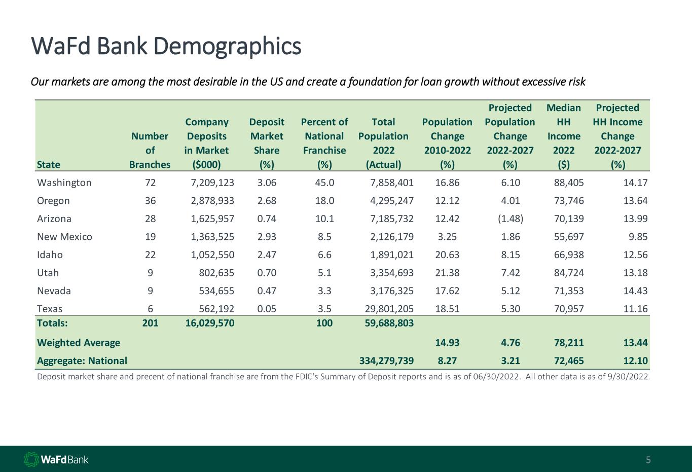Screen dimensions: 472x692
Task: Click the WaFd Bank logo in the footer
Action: [x=56, y=460]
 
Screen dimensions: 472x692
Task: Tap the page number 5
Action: [x=648, y=460]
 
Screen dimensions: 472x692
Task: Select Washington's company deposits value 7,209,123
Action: [x=209, y=183]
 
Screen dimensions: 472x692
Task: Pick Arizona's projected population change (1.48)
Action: [x=509, y=219]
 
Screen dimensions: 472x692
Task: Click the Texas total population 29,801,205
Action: [x=386, y=309]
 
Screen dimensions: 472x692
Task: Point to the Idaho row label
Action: [x=50, y=255]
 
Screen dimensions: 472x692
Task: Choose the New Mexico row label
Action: [x=64, y=237]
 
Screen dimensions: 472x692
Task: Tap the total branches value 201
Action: [x=150, y=322]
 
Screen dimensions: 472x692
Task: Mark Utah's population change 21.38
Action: [x=447, y=273]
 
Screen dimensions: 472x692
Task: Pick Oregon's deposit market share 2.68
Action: [x=267, y=201]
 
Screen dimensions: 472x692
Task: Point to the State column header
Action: [x=49, y=164]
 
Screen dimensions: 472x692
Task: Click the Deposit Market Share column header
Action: [x=267, y=143]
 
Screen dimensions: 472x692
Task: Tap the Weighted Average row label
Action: [x=79, y=343]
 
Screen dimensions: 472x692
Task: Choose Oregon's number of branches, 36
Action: [x=150, y=201]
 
